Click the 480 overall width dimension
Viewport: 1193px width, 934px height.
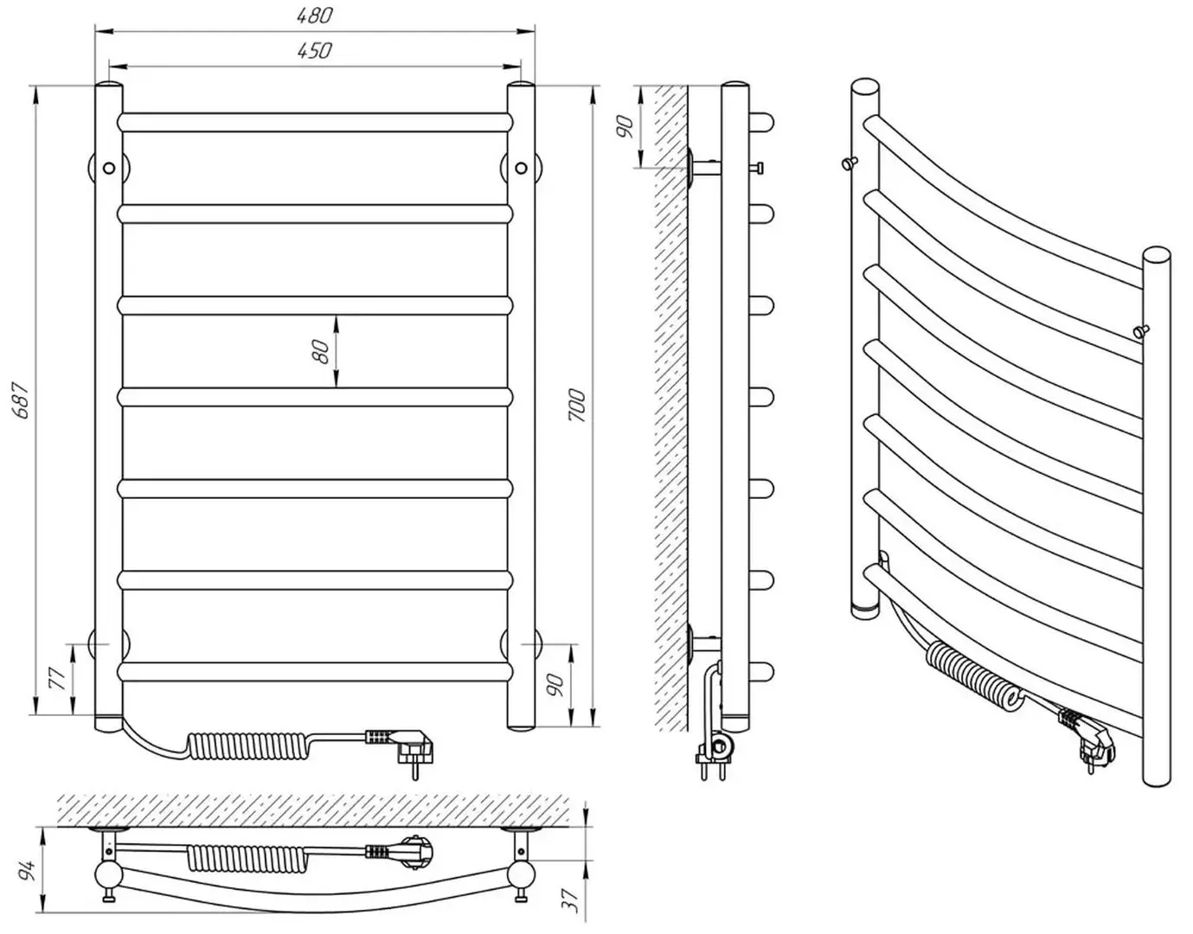point(315,16)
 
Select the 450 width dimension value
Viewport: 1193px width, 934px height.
point(315,51)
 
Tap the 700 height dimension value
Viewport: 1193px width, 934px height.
point(577,405)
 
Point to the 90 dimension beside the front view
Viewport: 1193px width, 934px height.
point(557,685)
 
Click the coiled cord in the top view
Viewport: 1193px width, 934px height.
point(232,857)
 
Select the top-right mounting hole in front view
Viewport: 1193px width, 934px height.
point(521,168)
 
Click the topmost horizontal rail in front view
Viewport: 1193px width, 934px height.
point(315,121)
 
